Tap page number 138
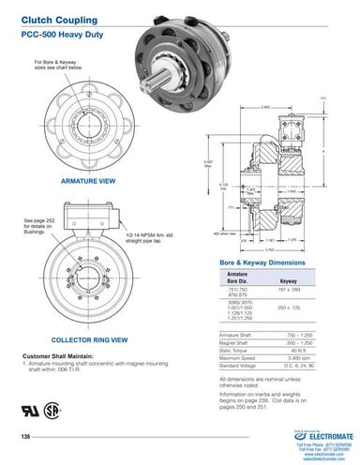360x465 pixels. pyautogui.click(x=26, y=438)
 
